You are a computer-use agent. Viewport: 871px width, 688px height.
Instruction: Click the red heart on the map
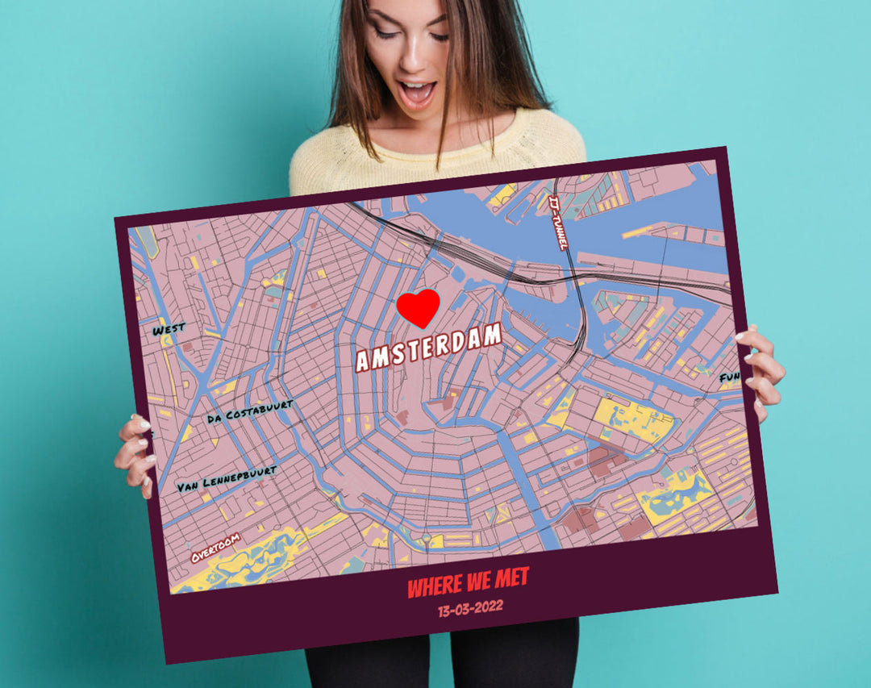(x=418, y=307)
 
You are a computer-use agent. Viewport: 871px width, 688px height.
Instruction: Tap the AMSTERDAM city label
(x=429, y=348)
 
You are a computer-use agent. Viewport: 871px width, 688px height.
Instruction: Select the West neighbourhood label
(x=169, y=329)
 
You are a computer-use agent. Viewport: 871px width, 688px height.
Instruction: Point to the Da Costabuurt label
(x=250, y=411)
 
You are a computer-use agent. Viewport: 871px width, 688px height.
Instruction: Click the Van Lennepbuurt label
(x=227, y=478)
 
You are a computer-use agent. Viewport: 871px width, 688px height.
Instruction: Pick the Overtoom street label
(x=215, y=547)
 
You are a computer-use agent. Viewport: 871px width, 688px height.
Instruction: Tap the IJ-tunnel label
(x=558, y=222)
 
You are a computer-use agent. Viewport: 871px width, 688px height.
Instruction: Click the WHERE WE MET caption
(x=468, y=583)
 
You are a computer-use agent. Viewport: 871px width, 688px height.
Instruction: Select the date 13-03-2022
(x=470, y=607)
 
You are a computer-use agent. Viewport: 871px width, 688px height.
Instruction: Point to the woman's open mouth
(x=417, y=93)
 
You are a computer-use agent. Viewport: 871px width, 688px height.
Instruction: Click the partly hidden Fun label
(x=729, y=377)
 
